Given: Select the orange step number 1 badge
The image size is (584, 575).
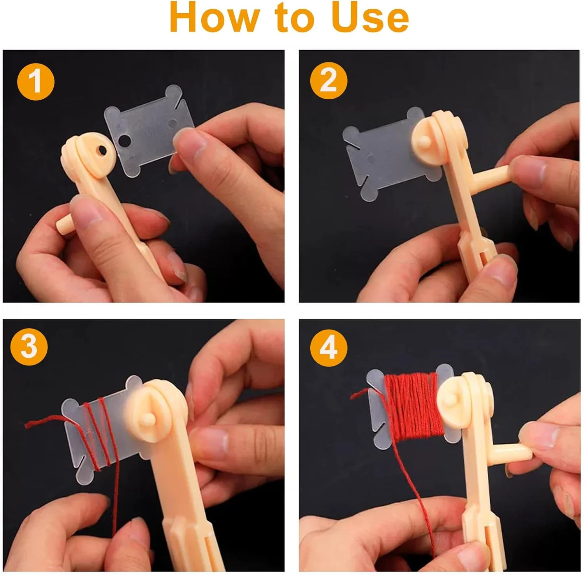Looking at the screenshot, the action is (x=35, y=82).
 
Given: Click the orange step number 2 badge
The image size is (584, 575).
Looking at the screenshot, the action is (x=328, y=81).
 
